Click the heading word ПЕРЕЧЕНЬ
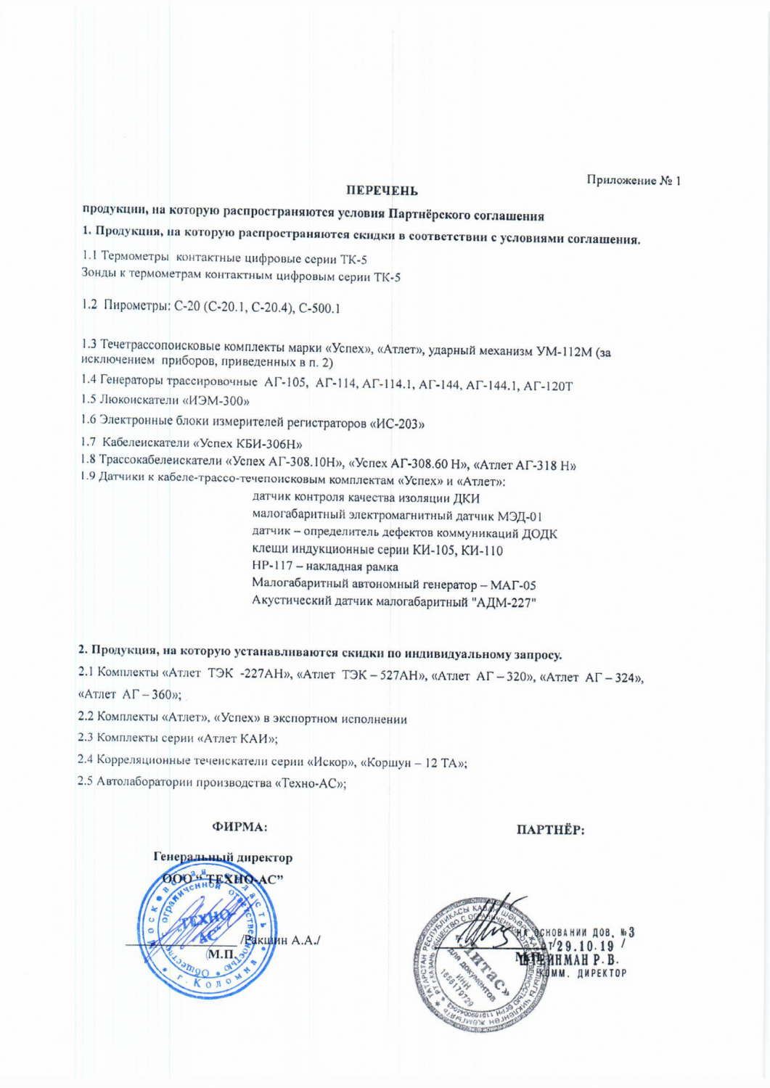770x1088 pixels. pos(381,191)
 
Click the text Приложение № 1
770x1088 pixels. pos(634,180)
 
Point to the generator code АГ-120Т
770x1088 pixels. pos(548,387)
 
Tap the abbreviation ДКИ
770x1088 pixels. pos(466,499)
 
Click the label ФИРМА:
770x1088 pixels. pos(239,826)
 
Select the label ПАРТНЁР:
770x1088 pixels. pos(550,831)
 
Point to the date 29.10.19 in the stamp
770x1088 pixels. pos(585,946)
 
